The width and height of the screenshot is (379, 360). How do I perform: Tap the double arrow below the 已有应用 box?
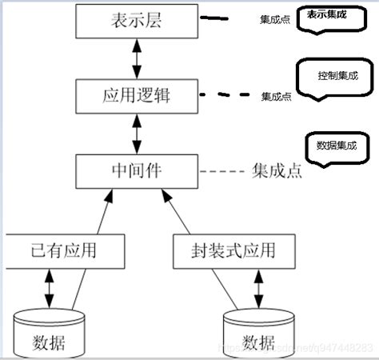[x=49, y=288]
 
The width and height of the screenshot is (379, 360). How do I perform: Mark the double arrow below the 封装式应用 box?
[x=257, y=288]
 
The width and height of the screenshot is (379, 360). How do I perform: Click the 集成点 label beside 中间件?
[x=277, y=171]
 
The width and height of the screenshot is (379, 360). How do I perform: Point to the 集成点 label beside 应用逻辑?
[x=276, y=97]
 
